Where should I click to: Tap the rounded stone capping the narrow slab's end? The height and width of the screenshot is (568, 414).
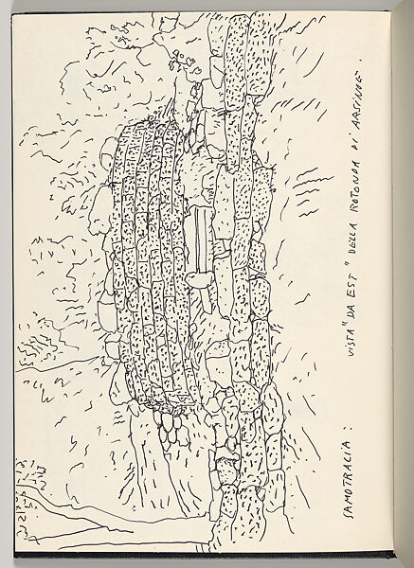[x=200, y=277]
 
